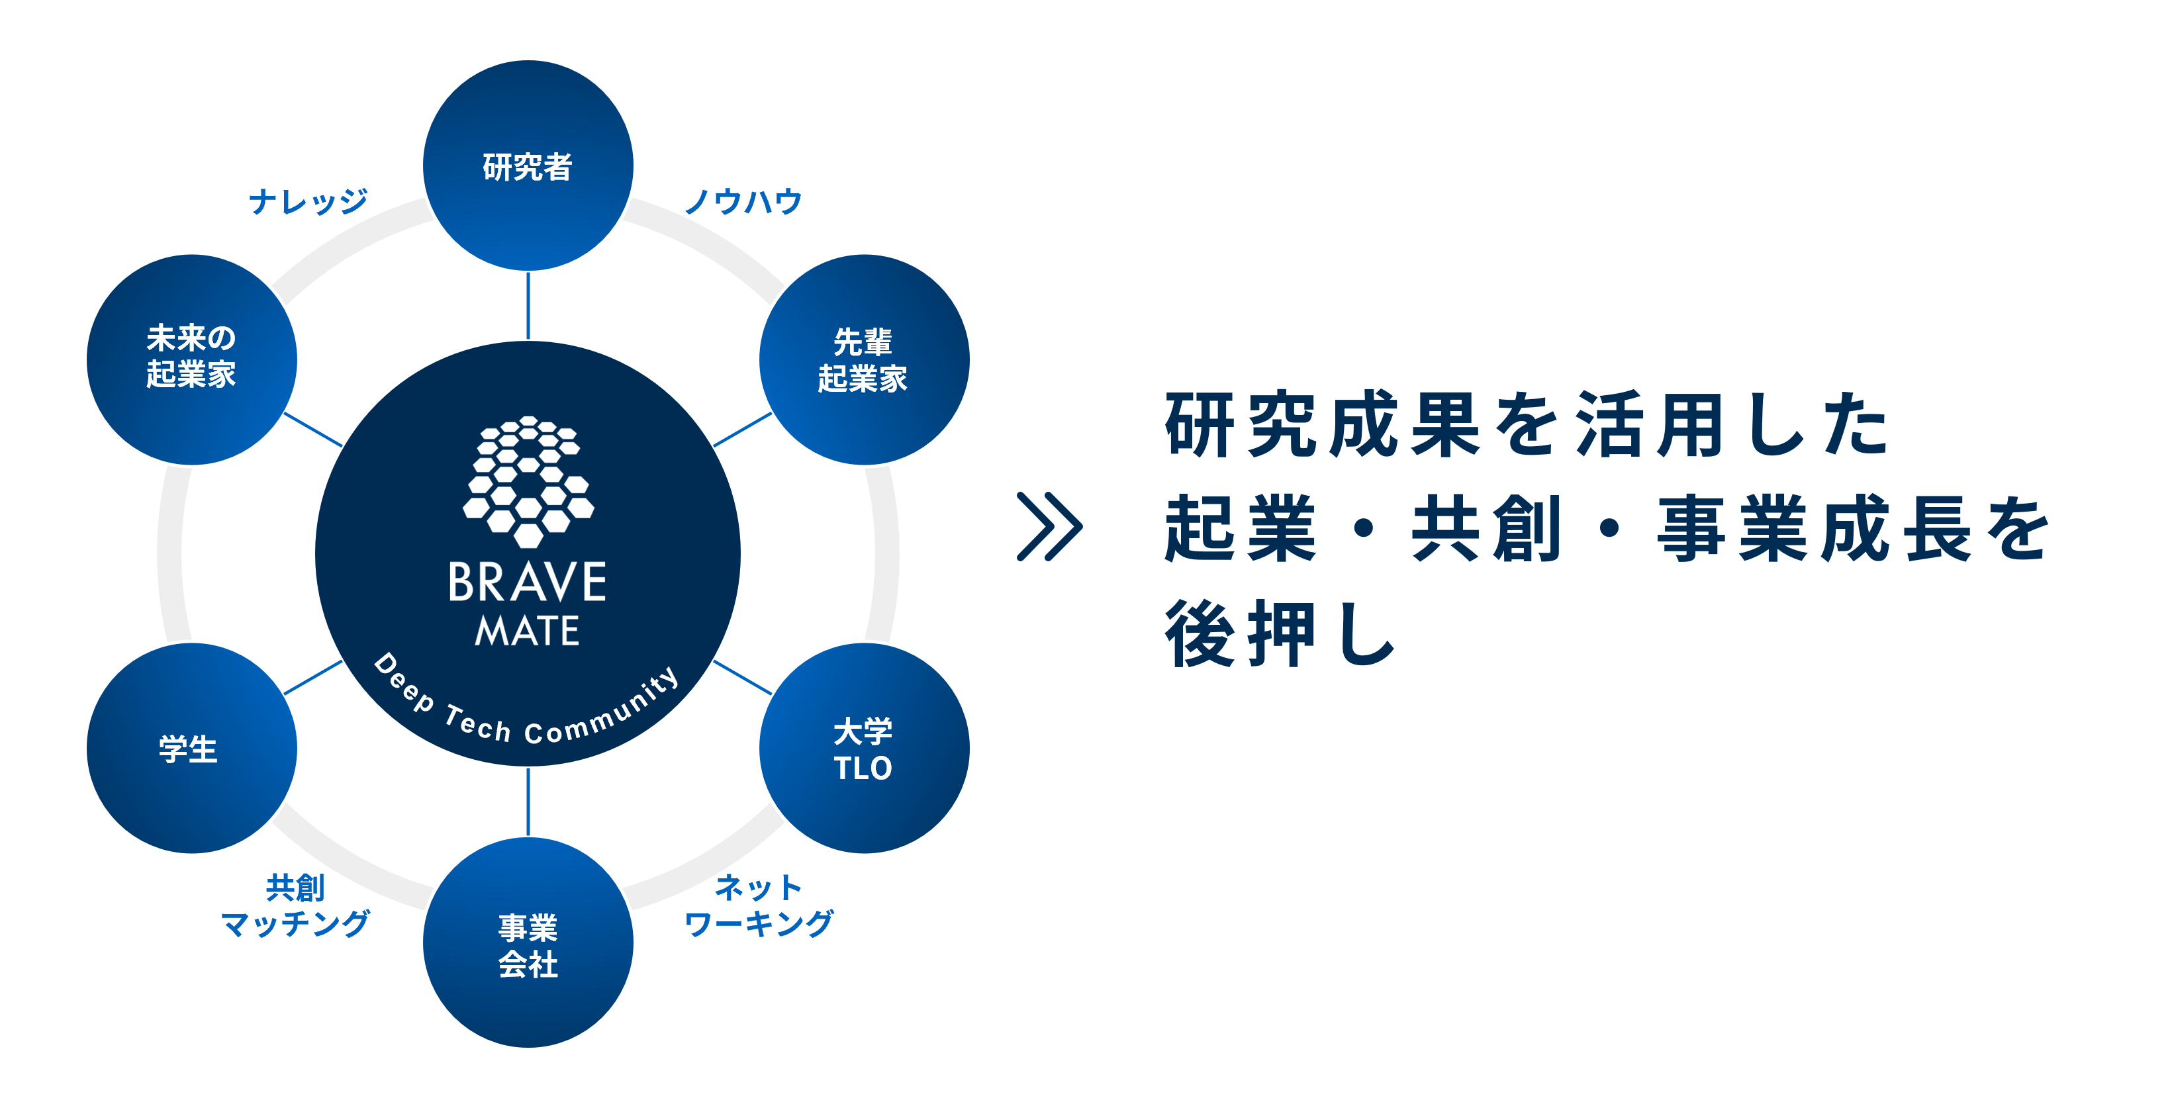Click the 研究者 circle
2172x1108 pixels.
click(x=528, y=166)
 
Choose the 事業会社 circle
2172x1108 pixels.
click(x=528, y=943)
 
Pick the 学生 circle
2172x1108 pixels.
click(x=191, y=749)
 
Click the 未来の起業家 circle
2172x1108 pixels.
click(x=191, y=360)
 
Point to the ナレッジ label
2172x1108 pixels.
click(x=308, y=201)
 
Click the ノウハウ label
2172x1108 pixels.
click(x=743, y=201)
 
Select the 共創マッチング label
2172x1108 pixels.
click(x=295, y=905)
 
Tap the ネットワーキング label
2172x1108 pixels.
click(x=758, y=905)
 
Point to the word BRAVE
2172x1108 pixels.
click(x=527, y=582)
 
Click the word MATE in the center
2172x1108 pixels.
click(x=527, y=631)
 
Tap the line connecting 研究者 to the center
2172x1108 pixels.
click(x=528, y=305)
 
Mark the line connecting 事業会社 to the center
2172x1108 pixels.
click(x=528, y=802)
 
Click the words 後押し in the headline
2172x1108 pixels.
click(x=1280, y=634)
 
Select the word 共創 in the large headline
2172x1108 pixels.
click(x=1486, y=529)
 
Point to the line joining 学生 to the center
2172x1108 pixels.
click(x=313, y=678)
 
